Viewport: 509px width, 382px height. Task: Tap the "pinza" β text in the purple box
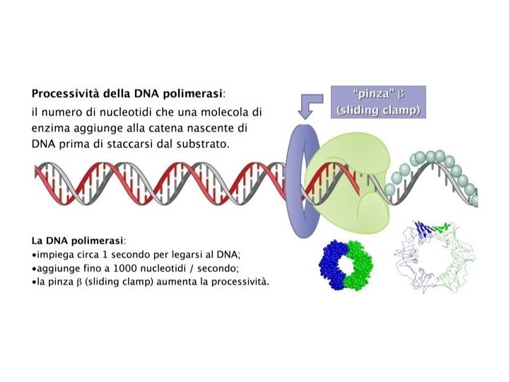[378, 95]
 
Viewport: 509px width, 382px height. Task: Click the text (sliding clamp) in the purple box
[378, 110]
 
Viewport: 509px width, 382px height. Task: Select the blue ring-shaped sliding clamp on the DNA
[295, 180]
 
